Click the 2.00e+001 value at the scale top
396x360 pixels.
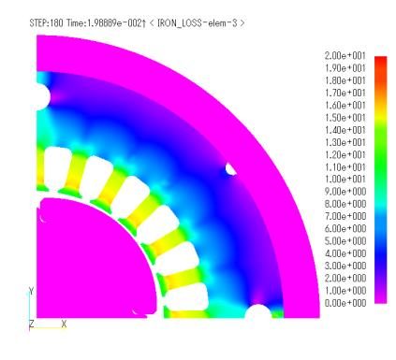345,56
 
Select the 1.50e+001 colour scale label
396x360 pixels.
345,118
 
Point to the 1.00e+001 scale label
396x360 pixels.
345,180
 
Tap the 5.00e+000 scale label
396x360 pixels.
345,241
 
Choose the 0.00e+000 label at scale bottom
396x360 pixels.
345,303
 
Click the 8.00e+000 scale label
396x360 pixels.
345,204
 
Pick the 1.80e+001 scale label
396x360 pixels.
345,80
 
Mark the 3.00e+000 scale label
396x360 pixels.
345,266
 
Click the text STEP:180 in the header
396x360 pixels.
46,22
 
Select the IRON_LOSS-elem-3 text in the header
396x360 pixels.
198,22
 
